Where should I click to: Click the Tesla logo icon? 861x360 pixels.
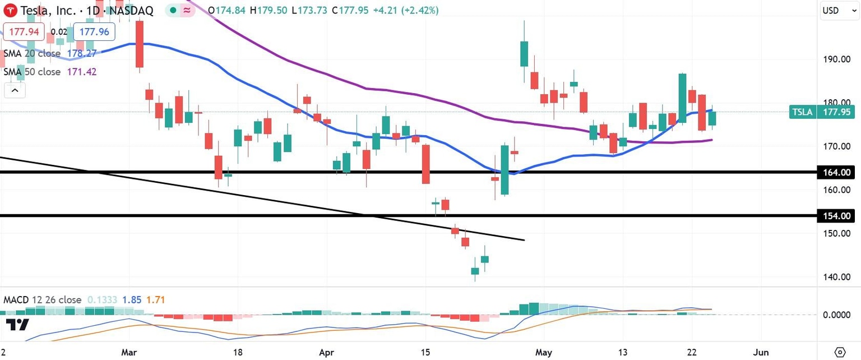click(10, 10)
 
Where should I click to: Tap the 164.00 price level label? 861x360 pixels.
click(839, 172)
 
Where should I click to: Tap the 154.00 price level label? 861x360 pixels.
click(839, 216)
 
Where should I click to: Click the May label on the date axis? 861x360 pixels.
click(544, 352)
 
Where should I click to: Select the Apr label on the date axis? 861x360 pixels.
click(325, 352)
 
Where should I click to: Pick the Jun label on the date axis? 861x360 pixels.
click(761, 352)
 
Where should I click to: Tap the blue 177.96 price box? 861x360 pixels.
click(94, 32)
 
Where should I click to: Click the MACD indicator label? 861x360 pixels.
click(43, 300)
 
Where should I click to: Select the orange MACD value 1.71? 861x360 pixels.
click(155, 300)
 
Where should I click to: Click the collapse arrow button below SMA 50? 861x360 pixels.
click(15, 90)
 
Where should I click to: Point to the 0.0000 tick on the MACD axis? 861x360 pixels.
click(837, 315)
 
